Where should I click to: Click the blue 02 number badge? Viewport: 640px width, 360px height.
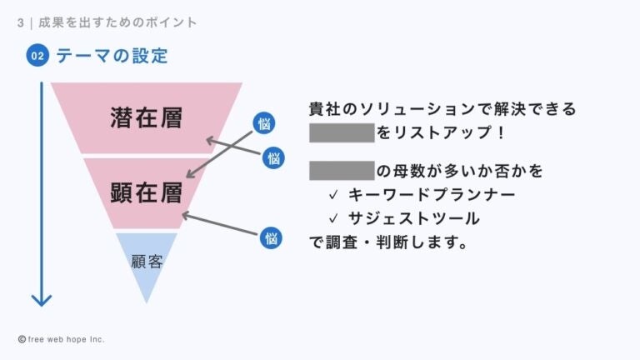(x=37, y=57)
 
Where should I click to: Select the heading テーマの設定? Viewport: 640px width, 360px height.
(x=112, y=57)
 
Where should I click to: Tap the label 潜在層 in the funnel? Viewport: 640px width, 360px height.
(x=146, y=118)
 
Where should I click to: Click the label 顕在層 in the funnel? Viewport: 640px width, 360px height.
(x=146, y=193)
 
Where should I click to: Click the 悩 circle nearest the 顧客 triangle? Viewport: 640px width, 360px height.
(x=270, y=237)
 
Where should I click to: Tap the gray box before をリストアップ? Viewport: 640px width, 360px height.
(x=342, y=132)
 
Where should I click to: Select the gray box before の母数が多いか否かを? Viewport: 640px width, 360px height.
(x=342, y=172)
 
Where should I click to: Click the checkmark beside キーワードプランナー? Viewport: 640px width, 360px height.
(x=332, y=195)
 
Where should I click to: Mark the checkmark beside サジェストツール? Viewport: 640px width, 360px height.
(x=332, y=219)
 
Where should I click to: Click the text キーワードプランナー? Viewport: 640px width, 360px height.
(x=432, y=195)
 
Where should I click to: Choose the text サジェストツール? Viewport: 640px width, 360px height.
(x=413, y=219)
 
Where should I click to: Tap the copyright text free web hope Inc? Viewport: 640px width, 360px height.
(x=67, y=340)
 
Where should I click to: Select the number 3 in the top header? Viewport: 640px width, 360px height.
(x=20, y=22)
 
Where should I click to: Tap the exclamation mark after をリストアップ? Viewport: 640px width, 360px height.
(x=500, y=132)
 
